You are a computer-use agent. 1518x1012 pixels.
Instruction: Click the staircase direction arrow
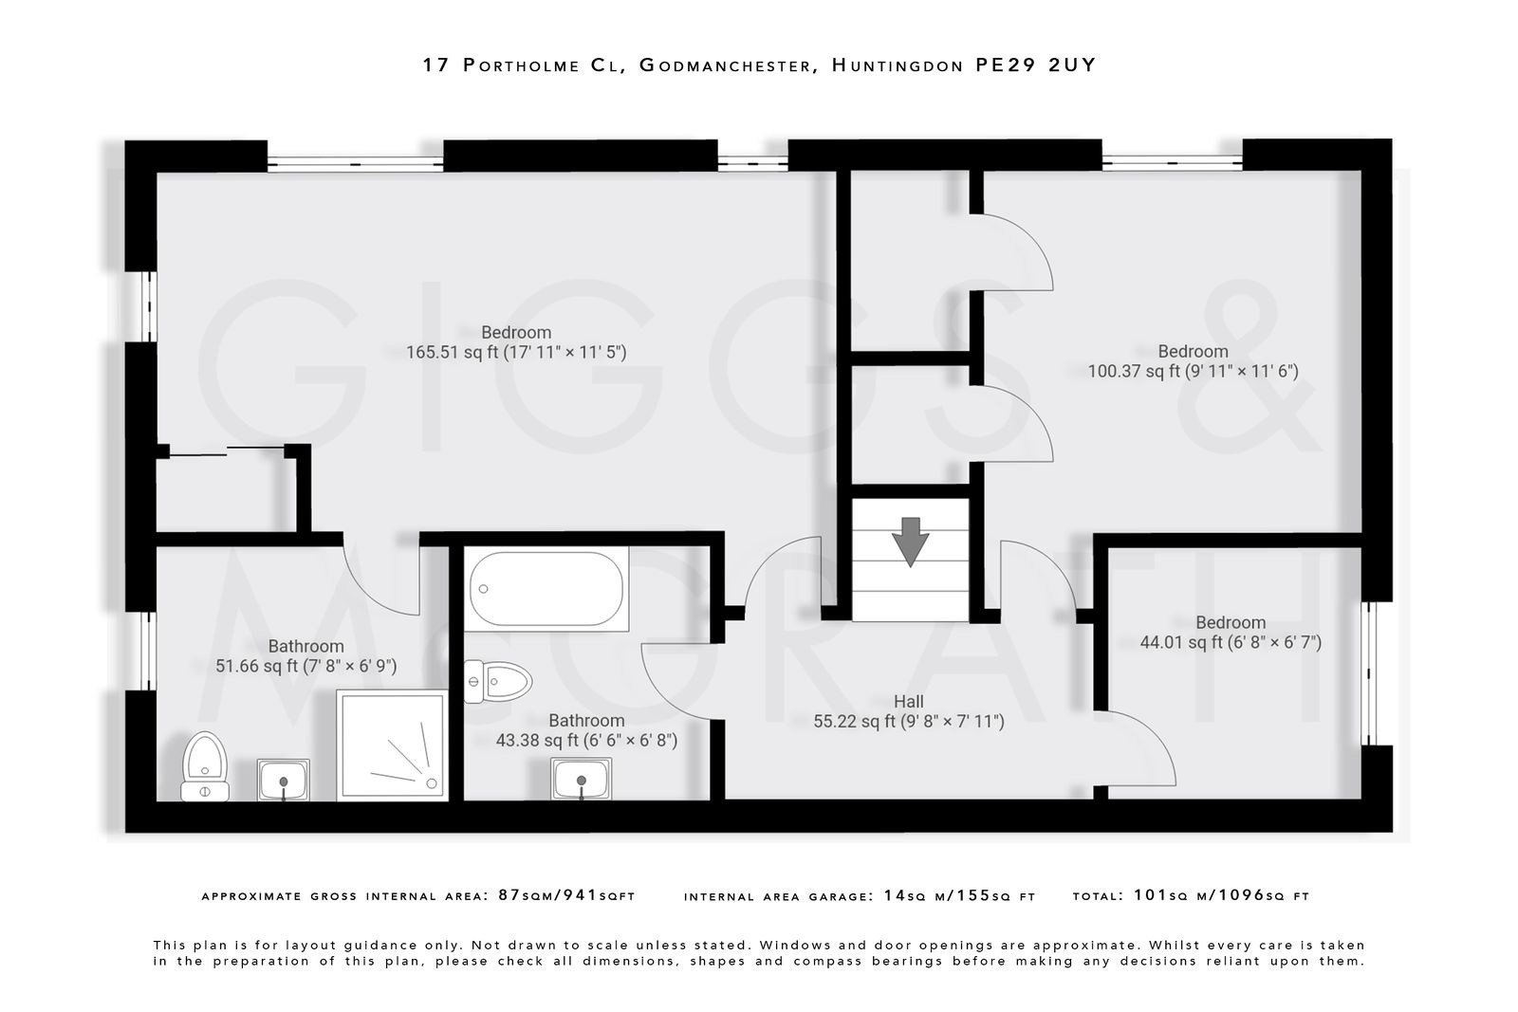pos(910,542)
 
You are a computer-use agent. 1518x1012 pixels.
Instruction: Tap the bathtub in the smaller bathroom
pos(546,589)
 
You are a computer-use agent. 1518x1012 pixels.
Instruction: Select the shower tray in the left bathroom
pos(391,745)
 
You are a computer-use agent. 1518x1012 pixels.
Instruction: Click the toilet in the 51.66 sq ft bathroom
pos(205,766)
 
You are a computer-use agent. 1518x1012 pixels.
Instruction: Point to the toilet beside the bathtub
pos(499,681)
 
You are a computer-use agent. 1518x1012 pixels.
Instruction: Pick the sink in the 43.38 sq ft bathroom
pos(581,780)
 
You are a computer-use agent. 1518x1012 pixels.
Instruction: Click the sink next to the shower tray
pos(283,780)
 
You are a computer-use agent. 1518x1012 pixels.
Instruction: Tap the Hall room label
pos(908,702)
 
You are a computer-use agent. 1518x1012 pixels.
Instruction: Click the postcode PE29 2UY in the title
pos(1036,65)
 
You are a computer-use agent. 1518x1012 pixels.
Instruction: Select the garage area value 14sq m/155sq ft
pos(958,895)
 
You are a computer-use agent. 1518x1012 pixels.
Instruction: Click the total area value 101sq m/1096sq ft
pos(1221,895)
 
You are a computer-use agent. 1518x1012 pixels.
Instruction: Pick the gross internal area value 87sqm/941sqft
pos(566,895)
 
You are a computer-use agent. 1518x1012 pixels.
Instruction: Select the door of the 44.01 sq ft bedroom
pos(1138,749)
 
